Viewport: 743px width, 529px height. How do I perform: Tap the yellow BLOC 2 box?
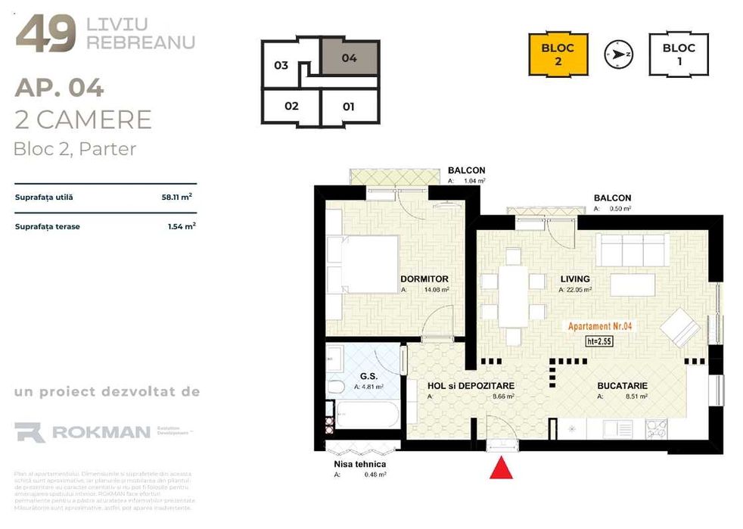click(x=558, y=54)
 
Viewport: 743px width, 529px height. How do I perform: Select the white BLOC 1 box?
click(x=679, y=54)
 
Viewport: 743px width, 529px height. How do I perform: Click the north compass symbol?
click(x=618, y=54)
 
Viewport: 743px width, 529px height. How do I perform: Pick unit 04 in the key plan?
click(x=349, y=58)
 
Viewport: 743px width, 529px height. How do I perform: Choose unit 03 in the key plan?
click(x=281, y=65)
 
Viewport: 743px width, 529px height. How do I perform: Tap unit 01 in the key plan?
click(x=349, y=107)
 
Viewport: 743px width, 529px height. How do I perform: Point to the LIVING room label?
click(x=574, y=279)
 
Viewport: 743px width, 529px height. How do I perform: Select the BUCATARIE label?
click(x=622, y=386)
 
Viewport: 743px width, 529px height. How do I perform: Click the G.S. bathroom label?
click(x=368, y=376)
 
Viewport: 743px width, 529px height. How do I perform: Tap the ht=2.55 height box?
click(x=598, y=341)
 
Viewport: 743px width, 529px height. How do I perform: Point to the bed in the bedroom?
click(x=362, y=263)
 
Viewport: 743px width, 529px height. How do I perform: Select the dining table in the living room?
click(x=514, y=296)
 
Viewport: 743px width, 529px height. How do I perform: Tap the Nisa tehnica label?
click(x=359, y=464)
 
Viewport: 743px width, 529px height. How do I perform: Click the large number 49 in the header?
click(x=45, y=33)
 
